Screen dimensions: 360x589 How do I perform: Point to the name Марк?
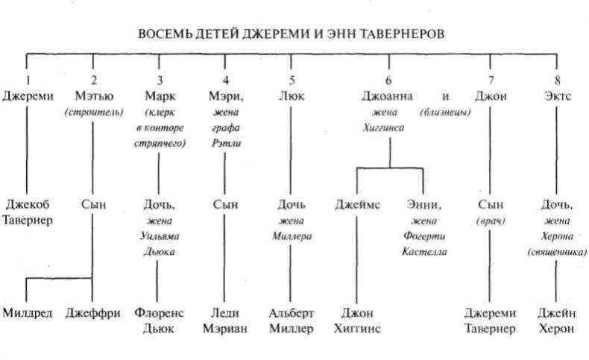click(x=157, y=95)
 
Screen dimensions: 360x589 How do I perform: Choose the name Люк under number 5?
click(x=289, y=95)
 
